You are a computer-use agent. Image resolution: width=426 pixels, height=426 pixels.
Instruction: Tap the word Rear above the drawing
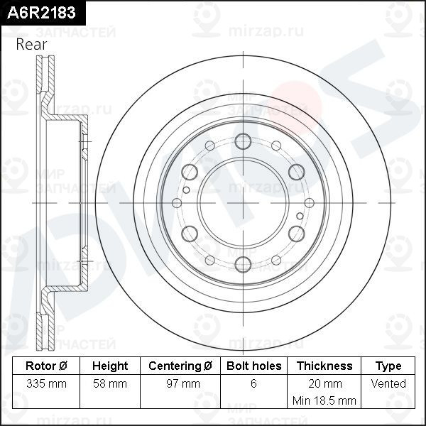click(31, 44)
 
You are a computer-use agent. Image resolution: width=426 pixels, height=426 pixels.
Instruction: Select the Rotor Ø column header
click(46, 366)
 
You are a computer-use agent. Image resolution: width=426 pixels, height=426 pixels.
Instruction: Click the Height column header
click(110, 366)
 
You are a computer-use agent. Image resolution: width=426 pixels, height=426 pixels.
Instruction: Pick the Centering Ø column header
click(180, 366)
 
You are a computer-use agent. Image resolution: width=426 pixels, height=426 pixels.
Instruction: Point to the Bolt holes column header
click(253, 366)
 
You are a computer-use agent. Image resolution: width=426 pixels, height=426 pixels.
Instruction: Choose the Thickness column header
click(324, 366)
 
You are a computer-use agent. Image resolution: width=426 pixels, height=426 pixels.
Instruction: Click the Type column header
click(388, 366)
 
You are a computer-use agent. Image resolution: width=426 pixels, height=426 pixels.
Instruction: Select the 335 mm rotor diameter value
click(46, 384)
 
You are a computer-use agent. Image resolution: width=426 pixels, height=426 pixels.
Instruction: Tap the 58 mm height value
click(110, 384)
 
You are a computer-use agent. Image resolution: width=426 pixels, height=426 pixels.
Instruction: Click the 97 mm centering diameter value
click(180, 384)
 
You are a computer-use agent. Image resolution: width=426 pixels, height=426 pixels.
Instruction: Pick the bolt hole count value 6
click(253, 384)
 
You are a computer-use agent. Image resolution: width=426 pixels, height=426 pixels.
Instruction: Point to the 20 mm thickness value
click(324, 384)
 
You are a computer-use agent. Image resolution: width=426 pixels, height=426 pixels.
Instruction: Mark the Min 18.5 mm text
click(324, 401)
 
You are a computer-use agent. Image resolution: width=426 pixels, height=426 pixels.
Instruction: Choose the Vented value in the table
click(388, 384)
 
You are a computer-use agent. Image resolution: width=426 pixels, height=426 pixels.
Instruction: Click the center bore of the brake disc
click(242, 202)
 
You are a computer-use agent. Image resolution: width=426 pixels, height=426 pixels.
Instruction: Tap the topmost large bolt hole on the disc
click(242, 141)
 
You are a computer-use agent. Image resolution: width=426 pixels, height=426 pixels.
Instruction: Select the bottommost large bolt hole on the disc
click(242, 264)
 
